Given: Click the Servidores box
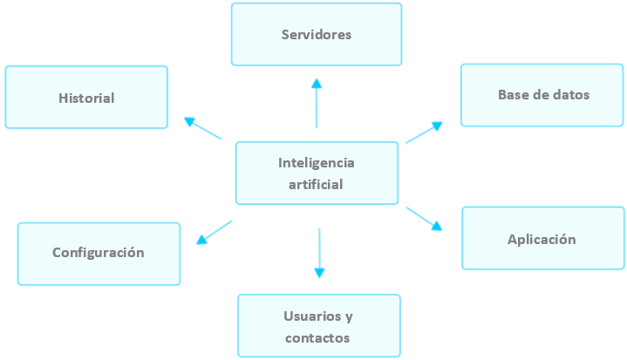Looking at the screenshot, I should coord(316,35).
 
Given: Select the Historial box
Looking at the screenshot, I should coord(86,98).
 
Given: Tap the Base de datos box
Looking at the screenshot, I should coord(543,95).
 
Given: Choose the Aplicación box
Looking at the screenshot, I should coord(542,238).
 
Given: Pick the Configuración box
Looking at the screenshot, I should coord(99,254).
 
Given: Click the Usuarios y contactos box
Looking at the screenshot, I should coord(318,326).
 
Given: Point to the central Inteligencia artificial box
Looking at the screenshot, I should coord(317,173).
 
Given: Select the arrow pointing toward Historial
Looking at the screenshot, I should coord(202,128).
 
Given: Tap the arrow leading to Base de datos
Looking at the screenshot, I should coord(424,132).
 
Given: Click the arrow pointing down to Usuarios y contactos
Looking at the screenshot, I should coord(319,253).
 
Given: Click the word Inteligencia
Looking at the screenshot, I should coord(317,163).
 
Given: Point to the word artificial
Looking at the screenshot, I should coord(316,184).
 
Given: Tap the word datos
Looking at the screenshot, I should coord(571,95).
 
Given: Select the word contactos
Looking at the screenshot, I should coord(317,337).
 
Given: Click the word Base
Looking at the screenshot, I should coord(513,95).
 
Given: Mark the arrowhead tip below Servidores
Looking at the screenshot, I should coord(317,79).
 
